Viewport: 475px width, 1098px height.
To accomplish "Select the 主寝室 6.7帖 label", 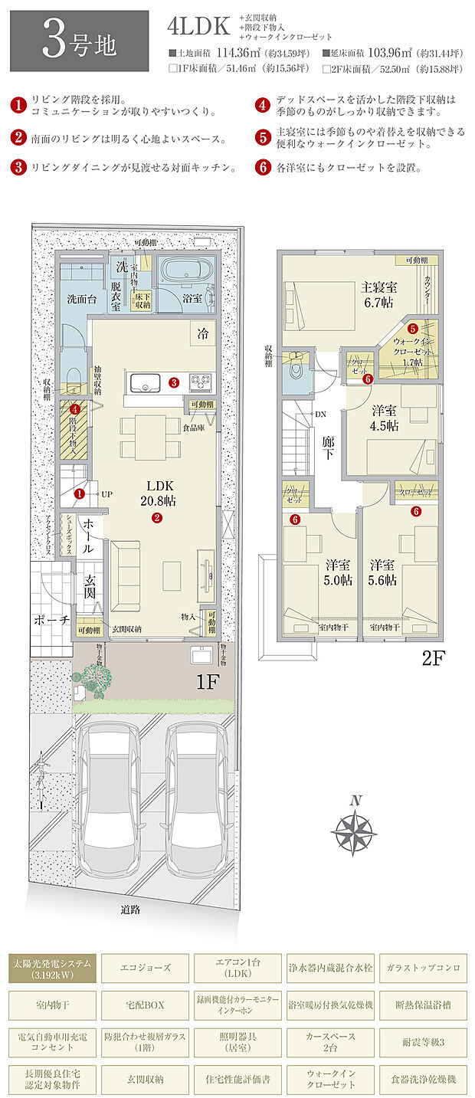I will (378, 294).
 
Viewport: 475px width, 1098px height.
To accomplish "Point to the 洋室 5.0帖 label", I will (338, 572).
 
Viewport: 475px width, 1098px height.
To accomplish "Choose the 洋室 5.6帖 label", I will (383, 572).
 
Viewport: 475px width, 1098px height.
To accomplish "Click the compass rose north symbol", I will (355, 829).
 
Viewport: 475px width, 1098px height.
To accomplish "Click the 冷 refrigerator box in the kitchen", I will (202, 333).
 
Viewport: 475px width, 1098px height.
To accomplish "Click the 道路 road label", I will (130, 910).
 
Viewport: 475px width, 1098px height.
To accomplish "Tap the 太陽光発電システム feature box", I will (52, 967).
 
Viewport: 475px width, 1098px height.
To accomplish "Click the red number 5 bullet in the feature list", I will (263, 138).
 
